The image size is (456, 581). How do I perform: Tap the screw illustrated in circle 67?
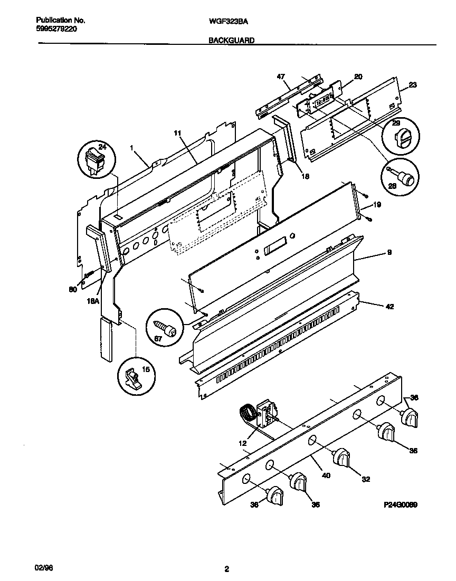pos(164,331)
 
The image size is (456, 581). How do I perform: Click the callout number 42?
pos(390,306)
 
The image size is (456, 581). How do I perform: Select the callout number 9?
pos(389,253)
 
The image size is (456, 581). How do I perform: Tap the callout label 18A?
pos(93,301)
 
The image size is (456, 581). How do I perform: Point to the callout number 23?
pos(413,85)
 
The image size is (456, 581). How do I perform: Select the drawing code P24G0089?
pos(401,505)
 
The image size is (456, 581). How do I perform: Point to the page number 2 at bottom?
pos(226,569)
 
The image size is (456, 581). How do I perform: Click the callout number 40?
pos(326,475)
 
